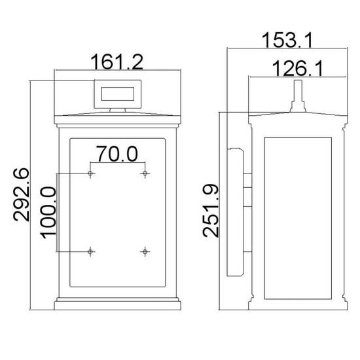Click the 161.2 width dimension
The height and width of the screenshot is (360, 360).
pyautogui.click(x=117, y=62)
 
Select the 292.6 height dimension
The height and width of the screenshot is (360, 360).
pyautogui.click(x=22, y=194)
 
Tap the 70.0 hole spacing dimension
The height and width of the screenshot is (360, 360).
pyautogui.click(x=117, y=154)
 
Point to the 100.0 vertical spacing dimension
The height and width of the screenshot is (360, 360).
pyautogui.click(x=48, y=213)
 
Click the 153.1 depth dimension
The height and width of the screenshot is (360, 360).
pyautogui.click(x=287, y=40)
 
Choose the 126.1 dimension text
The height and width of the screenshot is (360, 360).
pyautogui.click(x=297, y=69)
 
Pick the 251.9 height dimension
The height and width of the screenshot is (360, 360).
pyautogui.click(x=211, y=210)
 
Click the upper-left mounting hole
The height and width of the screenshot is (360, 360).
pyautogui.click(x=90, y=173)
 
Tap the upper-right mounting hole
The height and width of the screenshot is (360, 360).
pyautogui.click(x=145, y=173)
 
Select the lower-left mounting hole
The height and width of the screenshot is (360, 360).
pyautogui.click(x=90, y=252)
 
